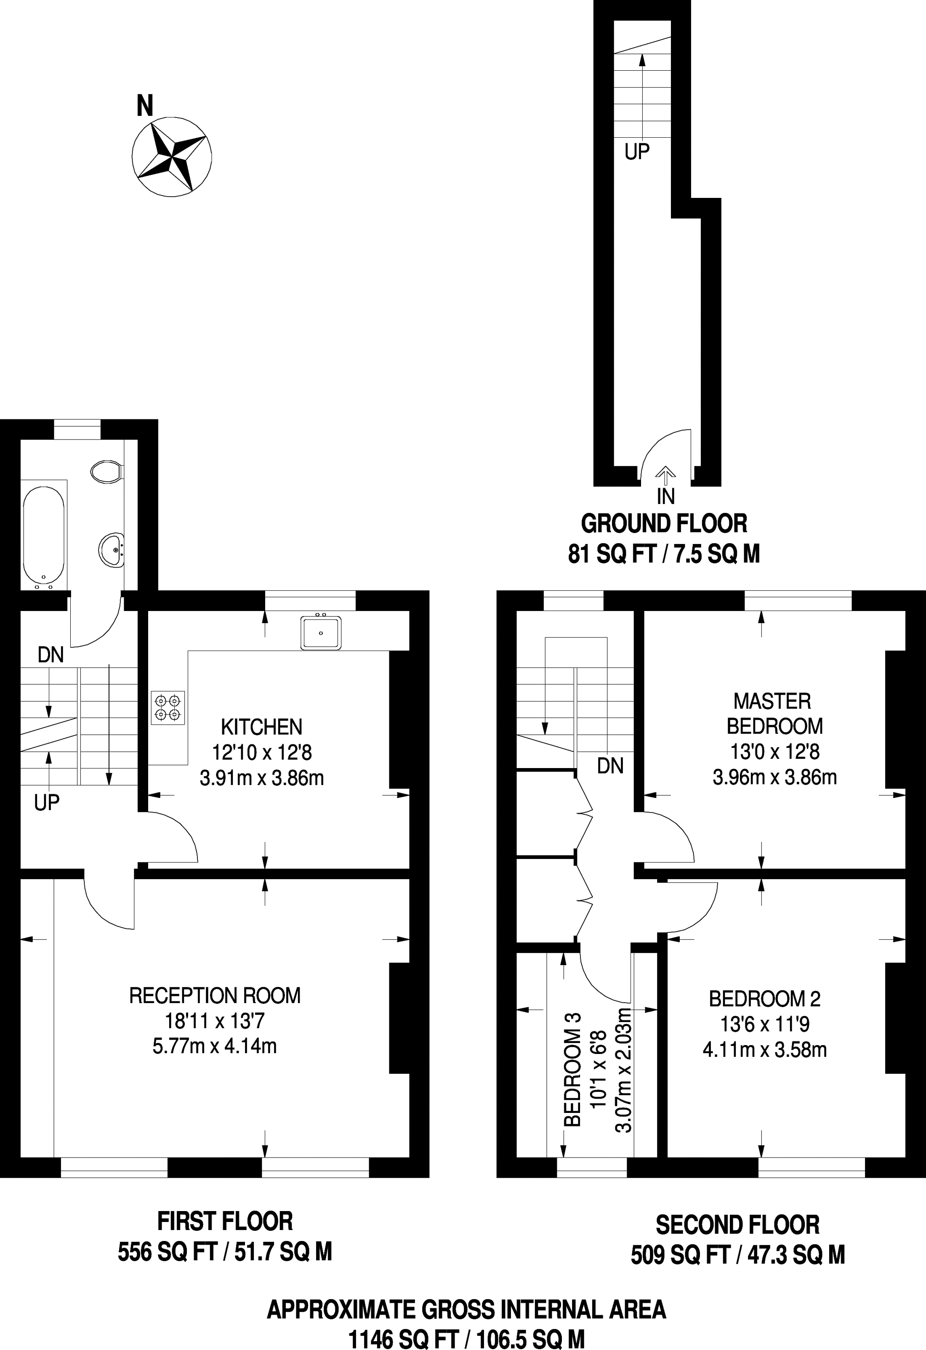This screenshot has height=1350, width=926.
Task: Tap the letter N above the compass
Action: coord(145,106)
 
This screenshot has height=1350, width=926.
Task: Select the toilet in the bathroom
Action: coord(106,471)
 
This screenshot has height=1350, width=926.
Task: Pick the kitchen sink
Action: coord(320,632)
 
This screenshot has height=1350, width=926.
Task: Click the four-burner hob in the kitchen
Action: coord(168,707)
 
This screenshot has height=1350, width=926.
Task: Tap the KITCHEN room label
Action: coord(262,727)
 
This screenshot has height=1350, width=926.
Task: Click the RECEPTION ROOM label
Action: coord(215,995)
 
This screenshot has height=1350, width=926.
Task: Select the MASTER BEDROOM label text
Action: coord(774,713)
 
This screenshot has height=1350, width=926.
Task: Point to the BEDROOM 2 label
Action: coord(765,999)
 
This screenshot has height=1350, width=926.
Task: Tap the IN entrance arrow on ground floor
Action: coord(665,475)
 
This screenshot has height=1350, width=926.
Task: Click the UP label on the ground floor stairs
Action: coord(637,152)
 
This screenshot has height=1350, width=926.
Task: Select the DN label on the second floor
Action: coord(610,766)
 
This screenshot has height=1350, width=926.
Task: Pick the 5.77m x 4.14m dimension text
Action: coord(214,1047)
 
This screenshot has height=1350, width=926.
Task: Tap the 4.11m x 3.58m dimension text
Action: coord(765,1050)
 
